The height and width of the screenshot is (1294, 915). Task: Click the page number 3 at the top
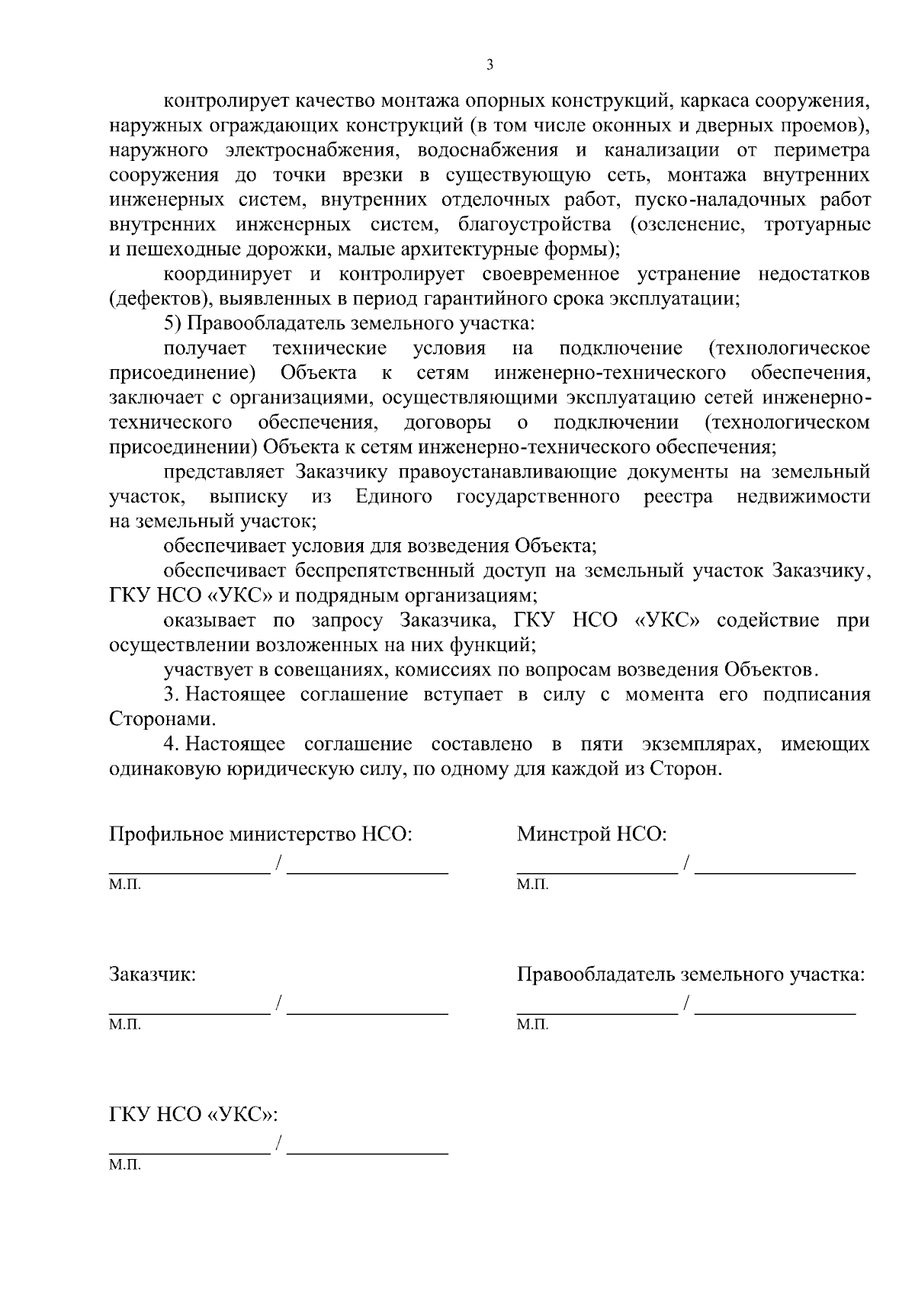[x=490, y=66]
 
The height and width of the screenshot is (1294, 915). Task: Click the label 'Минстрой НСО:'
[x=592, y=833]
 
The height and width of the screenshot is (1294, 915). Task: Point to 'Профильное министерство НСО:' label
[x=261, y=833]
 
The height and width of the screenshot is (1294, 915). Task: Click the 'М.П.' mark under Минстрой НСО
[x=532, y=885]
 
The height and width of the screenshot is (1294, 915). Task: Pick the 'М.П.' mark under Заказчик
[x=125, y=1025]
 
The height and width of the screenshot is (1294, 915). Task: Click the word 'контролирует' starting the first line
[x=216, y=101]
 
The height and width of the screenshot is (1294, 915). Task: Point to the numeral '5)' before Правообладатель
[x=173, y=323]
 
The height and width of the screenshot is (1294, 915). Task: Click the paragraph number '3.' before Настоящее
[x=172, y=695]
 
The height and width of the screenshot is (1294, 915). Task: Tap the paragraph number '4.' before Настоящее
[x=172, y=744]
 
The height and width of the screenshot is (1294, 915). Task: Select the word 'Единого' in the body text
[x=393, y=497]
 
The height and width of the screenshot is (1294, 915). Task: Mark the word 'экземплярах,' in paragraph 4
[x=702, y=744]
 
